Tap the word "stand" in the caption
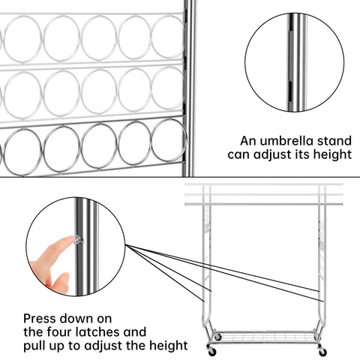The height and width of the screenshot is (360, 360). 334,141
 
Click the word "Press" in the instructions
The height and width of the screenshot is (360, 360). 40,319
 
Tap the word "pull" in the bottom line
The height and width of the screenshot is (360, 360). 33,346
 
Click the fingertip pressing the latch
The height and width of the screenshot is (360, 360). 69,239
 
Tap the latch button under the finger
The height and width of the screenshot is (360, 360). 79,240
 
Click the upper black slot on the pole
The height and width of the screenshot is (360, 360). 291,27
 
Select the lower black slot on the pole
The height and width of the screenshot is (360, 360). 290,91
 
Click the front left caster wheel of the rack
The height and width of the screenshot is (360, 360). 211,351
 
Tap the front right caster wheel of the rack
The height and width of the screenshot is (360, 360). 322,351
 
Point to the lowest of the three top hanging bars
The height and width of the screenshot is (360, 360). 264,204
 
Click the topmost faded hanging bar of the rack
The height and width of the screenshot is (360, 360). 264,184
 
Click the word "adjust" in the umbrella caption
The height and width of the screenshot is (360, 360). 273,154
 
